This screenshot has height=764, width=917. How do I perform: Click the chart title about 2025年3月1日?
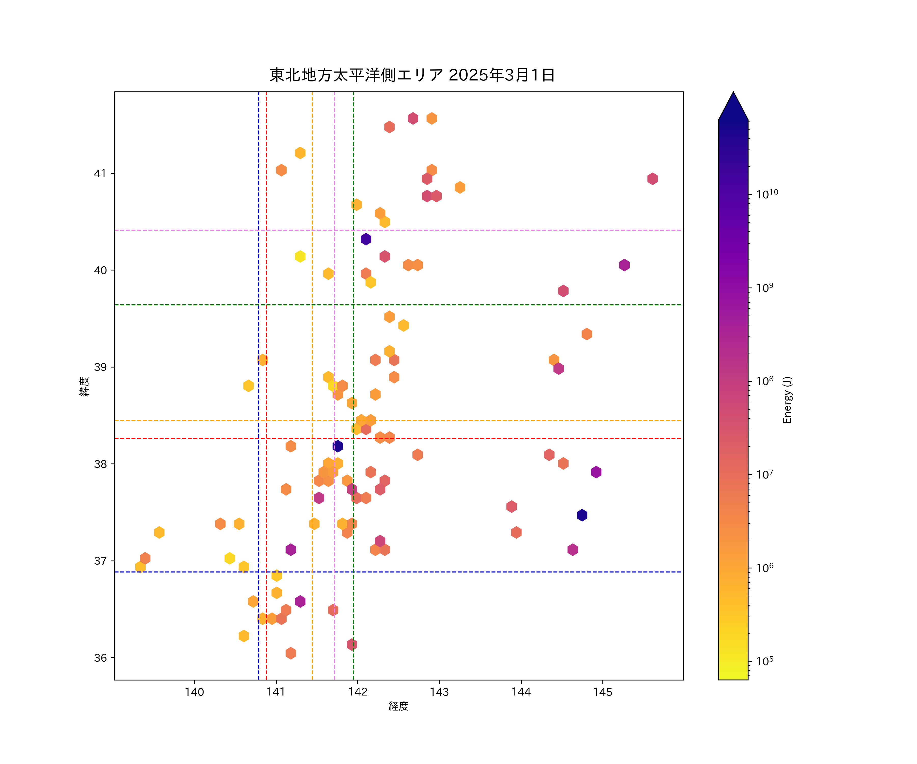pyautogui.click(x=412, y=75)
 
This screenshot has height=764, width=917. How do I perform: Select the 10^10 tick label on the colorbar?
pyautogui.click(x=767, y=194)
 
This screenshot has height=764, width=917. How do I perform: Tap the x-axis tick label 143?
pyautogui.click(x=439, y=692)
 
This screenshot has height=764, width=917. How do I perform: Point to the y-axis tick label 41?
pyautogui.click(x=100, y=173)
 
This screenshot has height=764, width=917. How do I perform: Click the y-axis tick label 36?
pyautogui.click(x=100, y=658)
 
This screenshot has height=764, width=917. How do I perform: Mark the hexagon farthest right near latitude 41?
pyautogui.click(x=652, y=179)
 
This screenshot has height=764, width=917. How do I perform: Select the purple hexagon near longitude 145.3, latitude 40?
pyautogui.click(x=624, y=265)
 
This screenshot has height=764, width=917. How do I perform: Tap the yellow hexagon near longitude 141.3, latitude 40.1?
pyautogui.click(x=300, y=256)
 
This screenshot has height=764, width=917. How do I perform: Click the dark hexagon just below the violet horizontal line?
pyautogui.click(x=366, y=239)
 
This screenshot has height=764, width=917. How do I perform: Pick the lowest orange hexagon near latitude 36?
pyautogui.click(x=291, y=653)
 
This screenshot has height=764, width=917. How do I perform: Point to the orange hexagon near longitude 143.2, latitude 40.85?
pyautogui.click(x=460, y=187)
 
